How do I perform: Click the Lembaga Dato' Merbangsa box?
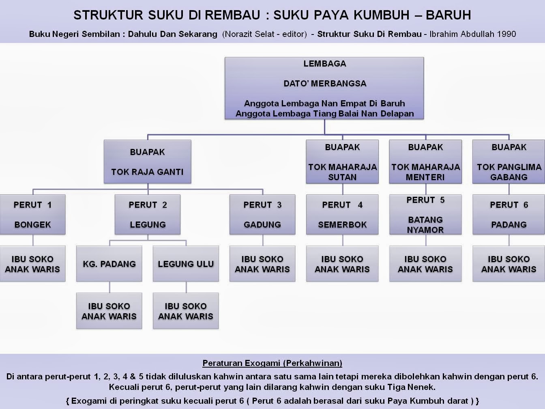click(324, 88)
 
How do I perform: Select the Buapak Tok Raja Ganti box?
click(147, 162)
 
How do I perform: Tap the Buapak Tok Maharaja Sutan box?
click(342, 162)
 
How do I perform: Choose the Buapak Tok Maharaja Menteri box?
click(425, 162)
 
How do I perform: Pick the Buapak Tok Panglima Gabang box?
click(509, 162)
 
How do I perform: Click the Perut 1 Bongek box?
click(32, 215)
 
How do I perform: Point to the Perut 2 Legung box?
click(148, 215)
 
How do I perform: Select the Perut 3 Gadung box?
click(262, 215)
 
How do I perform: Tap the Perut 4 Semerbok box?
click(342, 215)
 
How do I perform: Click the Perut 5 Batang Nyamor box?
click(425, 215)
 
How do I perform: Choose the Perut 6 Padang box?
click(509, 215)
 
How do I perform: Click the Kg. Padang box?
click(109, 264)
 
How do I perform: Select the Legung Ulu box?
click(186, 264)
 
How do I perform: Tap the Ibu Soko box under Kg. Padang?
click(109, 311)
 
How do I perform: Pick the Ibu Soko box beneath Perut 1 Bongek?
click(32, 264)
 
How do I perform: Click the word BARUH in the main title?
click(448, 15)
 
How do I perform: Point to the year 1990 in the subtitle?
click(506, 34)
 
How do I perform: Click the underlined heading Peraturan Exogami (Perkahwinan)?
click(272, 363)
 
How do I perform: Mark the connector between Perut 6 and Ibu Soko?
click(509, 240)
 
